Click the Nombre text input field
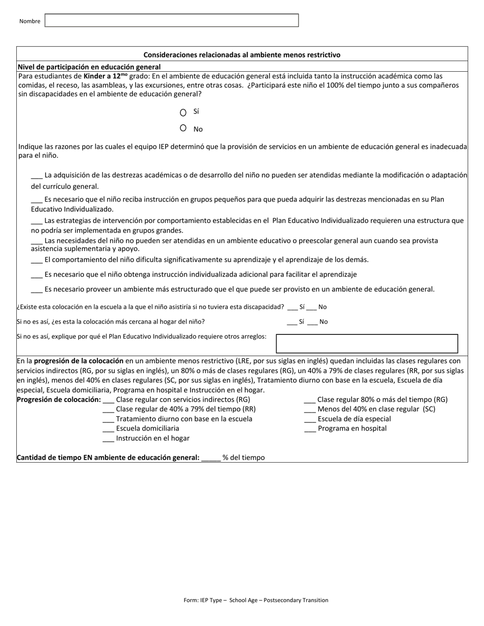172,20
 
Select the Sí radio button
183,112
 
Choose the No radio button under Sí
183,128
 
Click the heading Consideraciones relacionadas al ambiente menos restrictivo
242,54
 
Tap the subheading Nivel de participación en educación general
89,67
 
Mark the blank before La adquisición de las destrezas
37,176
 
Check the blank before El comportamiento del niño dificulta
37,260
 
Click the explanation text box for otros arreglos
367,344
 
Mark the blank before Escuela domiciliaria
108,429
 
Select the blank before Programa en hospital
310,429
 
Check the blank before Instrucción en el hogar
108,439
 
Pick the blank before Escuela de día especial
310,419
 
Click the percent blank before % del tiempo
211,458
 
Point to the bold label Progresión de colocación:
59,400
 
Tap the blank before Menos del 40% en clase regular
310,410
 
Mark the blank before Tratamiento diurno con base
108,419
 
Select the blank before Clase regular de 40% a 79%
108,410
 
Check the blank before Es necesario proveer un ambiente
37,290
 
